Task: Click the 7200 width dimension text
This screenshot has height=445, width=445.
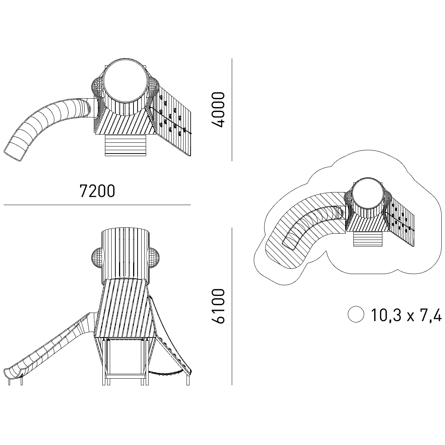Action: (x=97, y=191)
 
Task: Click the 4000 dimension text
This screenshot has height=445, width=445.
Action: (x=218, y=110)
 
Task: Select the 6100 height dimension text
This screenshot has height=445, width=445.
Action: (x=218, y=306)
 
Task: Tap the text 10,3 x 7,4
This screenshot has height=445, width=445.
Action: (x=406, y=315)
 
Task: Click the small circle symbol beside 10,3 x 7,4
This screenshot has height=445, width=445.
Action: (x=356, y=314)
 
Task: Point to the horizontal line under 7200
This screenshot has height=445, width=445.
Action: (x=97, y=205)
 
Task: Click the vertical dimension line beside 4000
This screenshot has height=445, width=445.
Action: (x=232, y=110)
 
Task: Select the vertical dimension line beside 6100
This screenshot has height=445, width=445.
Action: (x=232, y=306)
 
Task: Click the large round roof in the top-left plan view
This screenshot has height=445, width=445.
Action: (x=125, y=80)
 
